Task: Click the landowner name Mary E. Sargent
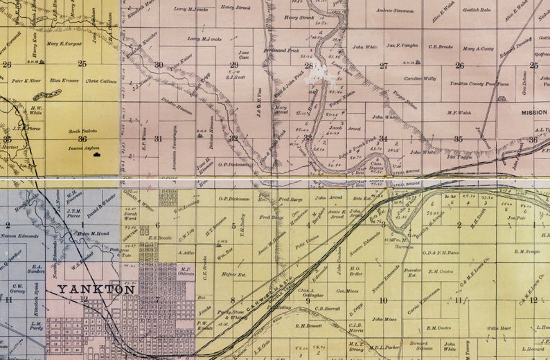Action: coord(64,44)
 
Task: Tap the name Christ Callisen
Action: coord(101,81)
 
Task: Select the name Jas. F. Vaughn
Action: coord(402,46)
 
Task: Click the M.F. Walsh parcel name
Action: coord(459,112)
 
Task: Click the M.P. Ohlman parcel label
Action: coord(185,271)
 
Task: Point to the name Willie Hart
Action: coord(499,327)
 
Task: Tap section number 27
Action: coord(383,66)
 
